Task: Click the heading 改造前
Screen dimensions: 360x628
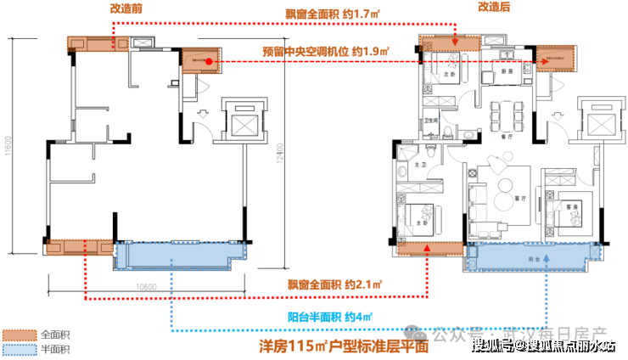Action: coord(126,7)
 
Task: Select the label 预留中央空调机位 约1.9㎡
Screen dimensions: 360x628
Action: coord(325,53)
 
